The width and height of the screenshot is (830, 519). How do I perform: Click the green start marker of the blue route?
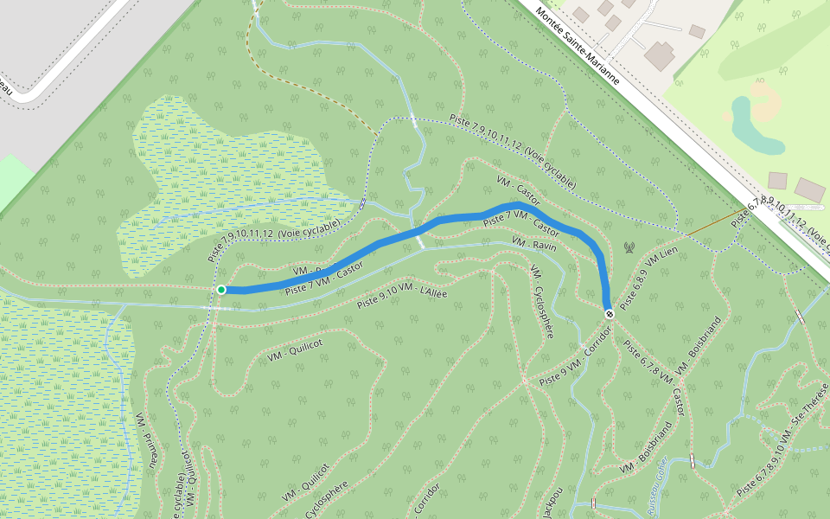click(221, 290)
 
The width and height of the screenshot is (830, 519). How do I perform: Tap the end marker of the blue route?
click(610, 314)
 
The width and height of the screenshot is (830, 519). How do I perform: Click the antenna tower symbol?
click(629, 248)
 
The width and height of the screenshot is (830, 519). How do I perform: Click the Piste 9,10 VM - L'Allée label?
click(402, 298)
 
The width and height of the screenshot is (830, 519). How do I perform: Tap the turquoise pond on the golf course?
click(745, 125)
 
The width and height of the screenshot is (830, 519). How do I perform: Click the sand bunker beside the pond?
click(766, 99)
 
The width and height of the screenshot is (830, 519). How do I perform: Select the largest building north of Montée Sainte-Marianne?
click(660, 55)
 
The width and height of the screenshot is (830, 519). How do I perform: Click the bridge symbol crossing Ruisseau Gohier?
click(692, 460)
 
